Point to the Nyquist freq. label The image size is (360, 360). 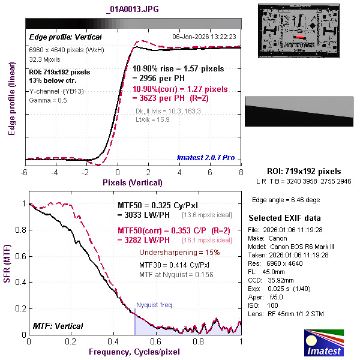point(155,305)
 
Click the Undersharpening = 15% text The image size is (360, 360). point(179,252)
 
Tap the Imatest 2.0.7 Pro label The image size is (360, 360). point(206,158)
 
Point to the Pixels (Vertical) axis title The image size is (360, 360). point(132,182)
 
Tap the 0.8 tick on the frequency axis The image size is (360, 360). point(199,341)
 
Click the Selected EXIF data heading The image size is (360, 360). point(284,217)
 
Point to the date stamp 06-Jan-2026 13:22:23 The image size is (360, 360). point(206,36)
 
